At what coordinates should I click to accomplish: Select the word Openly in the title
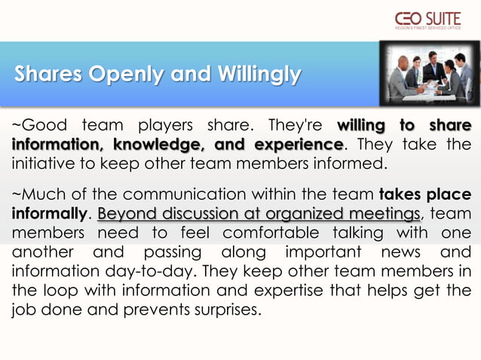point(129,75)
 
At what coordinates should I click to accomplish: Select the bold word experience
point(296,143)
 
